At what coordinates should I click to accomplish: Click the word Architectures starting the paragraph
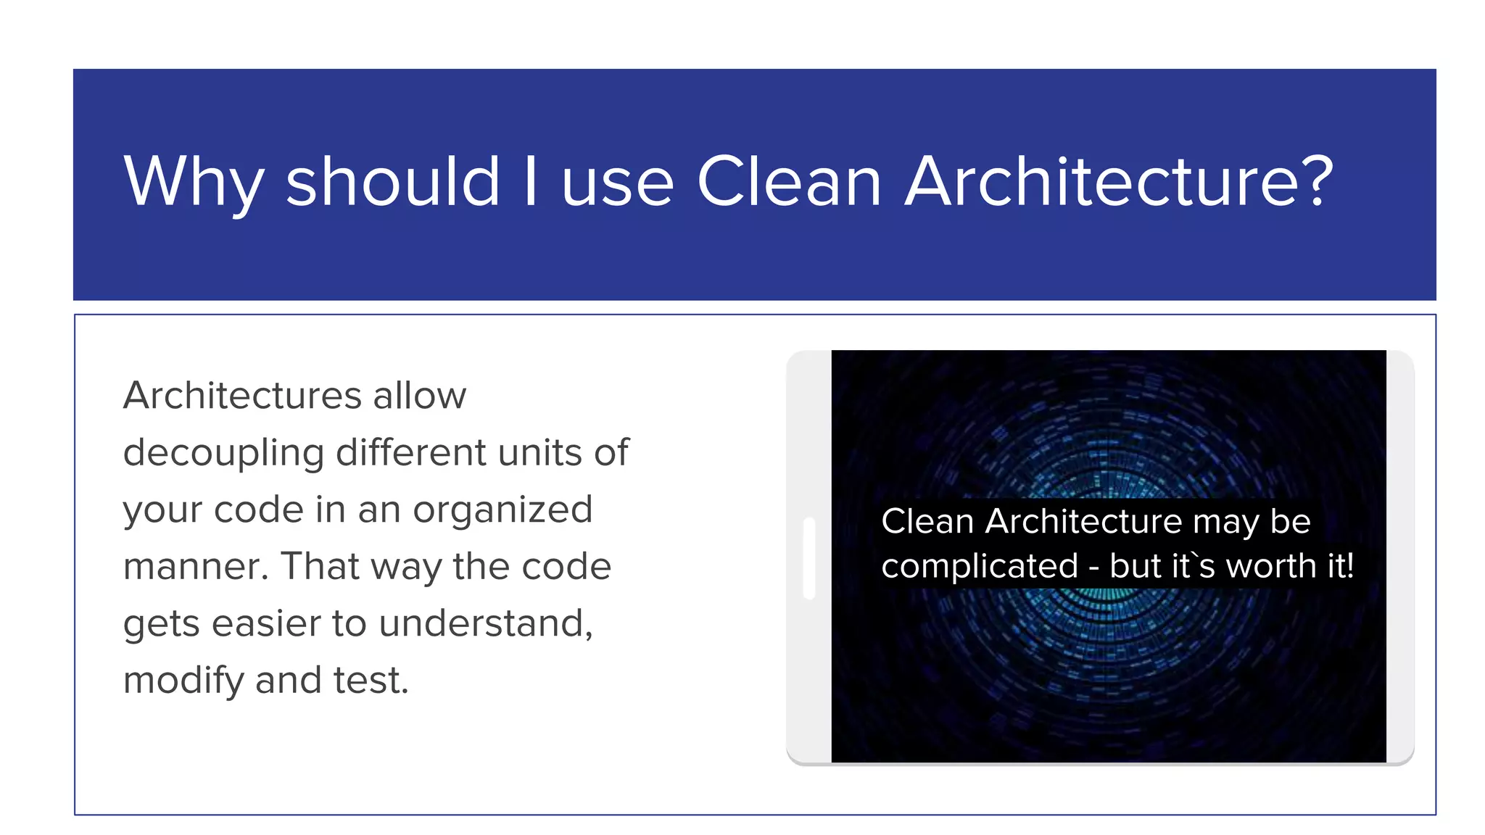[x=242, y=396]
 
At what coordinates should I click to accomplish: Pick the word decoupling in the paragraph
[x=223, y=454]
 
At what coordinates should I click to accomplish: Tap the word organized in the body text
[x=502, y=510]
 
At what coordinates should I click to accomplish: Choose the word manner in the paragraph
[x=191, y=567]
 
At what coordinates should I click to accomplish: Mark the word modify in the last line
[x=183, y=681]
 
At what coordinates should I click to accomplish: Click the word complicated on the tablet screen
[x=980, y=567]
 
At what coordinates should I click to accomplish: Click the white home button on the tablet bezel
[x=809, y=558]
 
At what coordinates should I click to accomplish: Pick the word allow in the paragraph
[x=419, y=396]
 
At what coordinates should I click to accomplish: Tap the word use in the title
[x=618, y=183]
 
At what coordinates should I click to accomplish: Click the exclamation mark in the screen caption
[x=1349, y=565]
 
